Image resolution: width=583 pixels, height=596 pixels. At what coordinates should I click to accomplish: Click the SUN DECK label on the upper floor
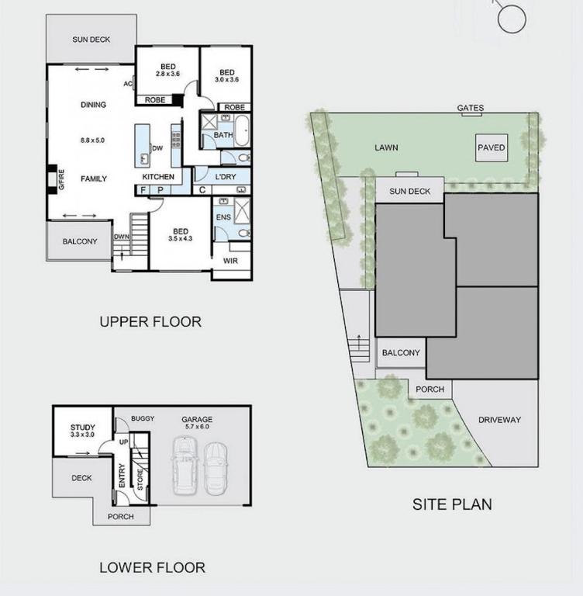[x=91, y=40]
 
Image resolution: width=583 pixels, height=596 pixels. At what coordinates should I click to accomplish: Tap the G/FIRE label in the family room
[x=61, y=179]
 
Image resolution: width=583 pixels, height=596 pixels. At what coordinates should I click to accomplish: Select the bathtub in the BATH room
[x=242, y=130]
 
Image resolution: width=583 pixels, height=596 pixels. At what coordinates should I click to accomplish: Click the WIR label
[x=230, y=261]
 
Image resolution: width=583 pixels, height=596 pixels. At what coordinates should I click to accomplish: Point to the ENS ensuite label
[x=223, y=217]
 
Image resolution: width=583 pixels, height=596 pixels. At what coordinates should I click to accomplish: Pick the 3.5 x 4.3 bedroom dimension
[x=181, y=239]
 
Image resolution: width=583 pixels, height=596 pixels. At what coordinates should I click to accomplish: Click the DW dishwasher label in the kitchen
[x=157, y=148]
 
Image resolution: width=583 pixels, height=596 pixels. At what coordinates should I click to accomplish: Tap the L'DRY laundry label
[x=226, y=177]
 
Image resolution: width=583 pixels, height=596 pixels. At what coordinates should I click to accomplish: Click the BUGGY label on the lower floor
[x=143, y=418]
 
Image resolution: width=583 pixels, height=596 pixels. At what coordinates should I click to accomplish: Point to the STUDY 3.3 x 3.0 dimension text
[x=82, y=435]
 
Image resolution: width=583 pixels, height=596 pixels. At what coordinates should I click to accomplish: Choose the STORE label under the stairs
[x=140, y=480]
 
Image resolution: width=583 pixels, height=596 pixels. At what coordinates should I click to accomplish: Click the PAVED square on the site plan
[x=492, y=147]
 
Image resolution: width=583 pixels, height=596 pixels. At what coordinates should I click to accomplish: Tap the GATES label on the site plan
[x=471, y=108]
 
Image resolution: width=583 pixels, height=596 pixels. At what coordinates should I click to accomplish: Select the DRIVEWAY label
[x=499, y=420]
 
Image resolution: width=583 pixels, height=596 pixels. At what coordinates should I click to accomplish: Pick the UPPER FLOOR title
[x=150, y=322]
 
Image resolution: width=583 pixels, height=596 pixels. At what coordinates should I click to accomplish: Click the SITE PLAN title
[x=452, y=504]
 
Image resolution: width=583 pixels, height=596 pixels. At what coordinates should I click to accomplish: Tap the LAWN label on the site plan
[x=386, y=147]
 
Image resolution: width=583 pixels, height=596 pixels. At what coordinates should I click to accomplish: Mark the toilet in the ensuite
[x=244, y=233]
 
